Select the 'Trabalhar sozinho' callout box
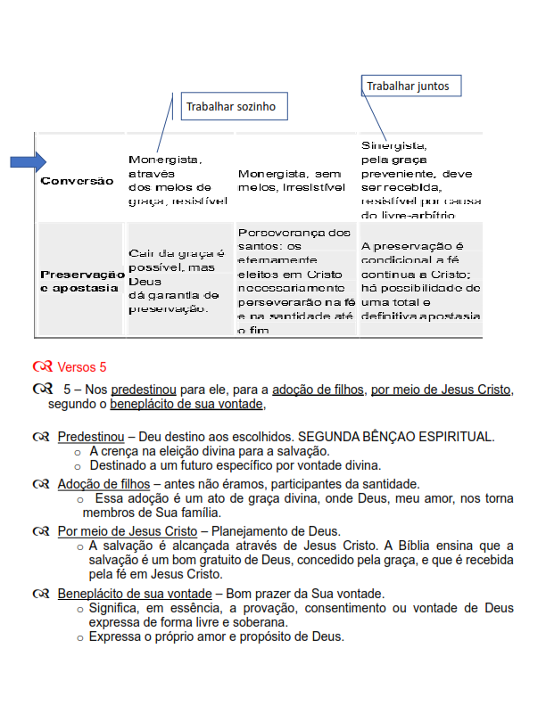pos(230,107)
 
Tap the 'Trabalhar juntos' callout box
pos(411,86)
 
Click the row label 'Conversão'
pos(78,181)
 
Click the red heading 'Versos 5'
pos(82,366)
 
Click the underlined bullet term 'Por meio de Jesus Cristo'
pos(128,530)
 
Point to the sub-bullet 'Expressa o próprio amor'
pos(216,636)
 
